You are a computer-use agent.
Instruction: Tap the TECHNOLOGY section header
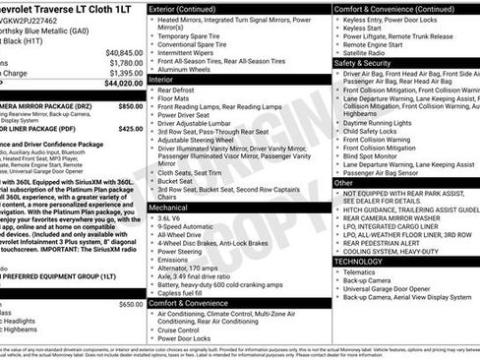[x=358, y=262]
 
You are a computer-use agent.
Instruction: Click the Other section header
[x=343, y=182]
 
